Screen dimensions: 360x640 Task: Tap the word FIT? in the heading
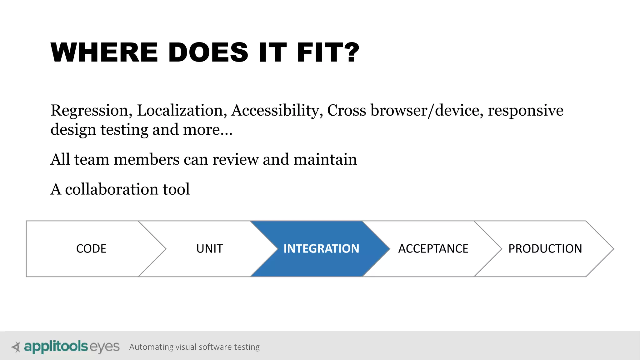(328, 52)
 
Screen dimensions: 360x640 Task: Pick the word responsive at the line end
(526, 111)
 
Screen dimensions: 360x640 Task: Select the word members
(147, 159)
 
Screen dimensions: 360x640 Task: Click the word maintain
(325, 159)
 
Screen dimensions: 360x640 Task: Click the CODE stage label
(91, 249)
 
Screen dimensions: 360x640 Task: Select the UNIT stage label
(210, 249)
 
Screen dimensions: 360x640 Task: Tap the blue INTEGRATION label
(321, 249)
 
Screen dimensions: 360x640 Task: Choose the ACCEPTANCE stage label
(433, 249)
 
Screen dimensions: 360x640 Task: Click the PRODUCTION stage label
(545, 249)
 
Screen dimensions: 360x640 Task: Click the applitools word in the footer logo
(56, 347)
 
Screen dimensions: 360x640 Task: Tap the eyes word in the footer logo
(104, 347)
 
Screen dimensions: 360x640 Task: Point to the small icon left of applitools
(16, 347)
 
